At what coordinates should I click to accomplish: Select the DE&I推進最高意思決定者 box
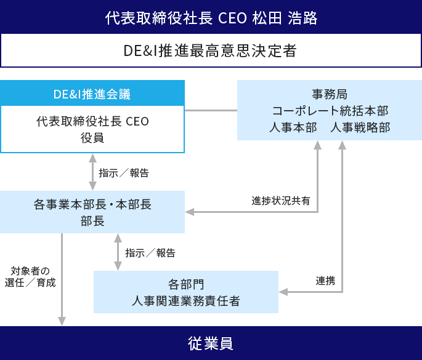pyautogui.click(x=211, y=50)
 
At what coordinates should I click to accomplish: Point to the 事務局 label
pyautogui.click(x=330, y=94)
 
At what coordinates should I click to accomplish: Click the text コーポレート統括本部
pyautogui.click(x=330, y=111)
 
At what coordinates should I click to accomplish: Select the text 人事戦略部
pyautogui.click(x=360, y=127)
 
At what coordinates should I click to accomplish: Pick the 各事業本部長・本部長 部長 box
pyautogui.click(x=92, y=212)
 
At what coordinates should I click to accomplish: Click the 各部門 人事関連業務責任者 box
pyautogui.click(x=185, y=292)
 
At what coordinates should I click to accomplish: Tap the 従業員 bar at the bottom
pyautogui.click(x=211, y=343)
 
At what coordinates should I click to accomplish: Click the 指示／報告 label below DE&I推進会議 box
pyautogui.click(x=123, y=173)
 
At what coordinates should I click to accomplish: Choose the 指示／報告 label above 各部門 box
pyautogui.click(x=150, y=253)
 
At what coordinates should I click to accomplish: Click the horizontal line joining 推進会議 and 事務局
pyautogui.click(x=211, y=111)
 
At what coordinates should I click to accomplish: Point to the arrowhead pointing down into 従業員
pyautogui.click(x=62, y=321)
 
